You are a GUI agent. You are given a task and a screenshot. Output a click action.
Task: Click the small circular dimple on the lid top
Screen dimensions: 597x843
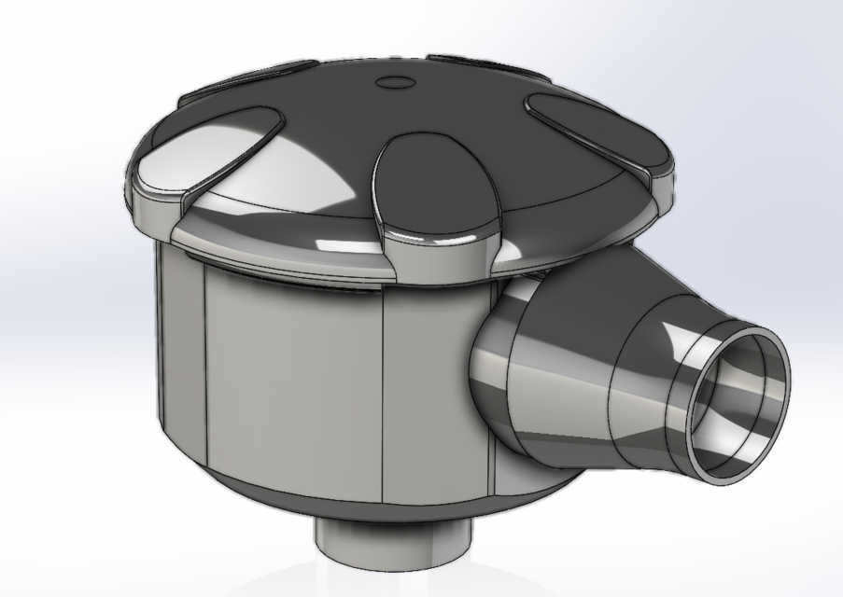[x=396, y=82]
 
